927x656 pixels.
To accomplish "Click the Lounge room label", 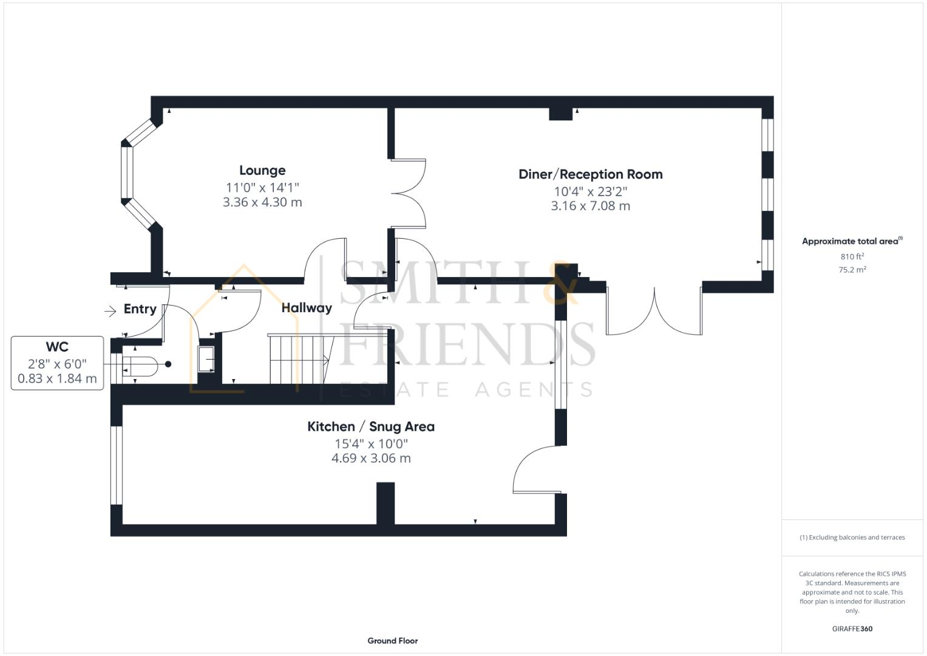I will (x=262, y=171).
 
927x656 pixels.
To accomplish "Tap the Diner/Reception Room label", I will (x=590, y=174).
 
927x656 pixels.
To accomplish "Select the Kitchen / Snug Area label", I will (x=370, y=426).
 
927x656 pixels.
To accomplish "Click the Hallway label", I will (x=307, y=308).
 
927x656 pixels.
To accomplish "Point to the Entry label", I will (x=140, y=309).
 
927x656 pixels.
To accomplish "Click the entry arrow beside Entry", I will (x=110, y=312).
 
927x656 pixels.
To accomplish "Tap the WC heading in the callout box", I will (x=57, y=347).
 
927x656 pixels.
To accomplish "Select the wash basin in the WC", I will (x=206, y=360).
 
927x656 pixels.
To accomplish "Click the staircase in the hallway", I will (x=297, y=359).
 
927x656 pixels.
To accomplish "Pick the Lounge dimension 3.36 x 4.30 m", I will (x=262, y=202).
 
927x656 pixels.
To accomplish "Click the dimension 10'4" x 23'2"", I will (x=590, y=191).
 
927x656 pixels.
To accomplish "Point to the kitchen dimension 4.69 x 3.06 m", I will (x=370, y=458).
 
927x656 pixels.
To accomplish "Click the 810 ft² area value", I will (x=852, y=257).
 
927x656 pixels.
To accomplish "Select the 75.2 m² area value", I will (x=852, y=270).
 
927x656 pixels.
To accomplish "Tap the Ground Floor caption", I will (x=392, y=640).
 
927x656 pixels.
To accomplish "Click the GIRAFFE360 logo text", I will (x=852, y=629).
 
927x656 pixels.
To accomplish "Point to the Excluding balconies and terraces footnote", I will (x=852, y=538).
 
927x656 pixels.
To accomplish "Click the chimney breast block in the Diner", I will (x=560, y=114).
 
